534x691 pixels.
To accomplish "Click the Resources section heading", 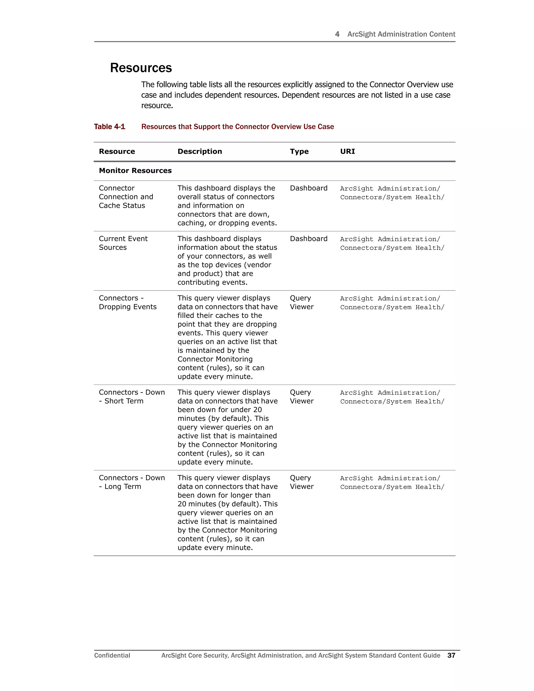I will (141, 68).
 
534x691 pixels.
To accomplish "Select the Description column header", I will (200, 151).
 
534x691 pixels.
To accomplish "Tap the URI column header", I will (347, 151).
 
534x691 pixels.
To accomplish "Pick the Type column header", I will (299, 151).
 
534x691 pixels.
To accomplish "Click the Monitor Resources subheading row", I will (135, 171).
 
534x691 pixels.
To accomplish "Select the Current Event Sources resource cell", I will (123, 243).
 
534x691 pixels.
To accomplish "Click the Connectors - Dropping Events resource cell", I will (128, 302).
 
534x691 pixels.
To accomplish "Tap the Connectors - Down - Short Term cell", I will (132, 396).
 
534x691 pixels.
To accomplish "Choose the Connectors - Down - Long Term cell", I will (132, 482).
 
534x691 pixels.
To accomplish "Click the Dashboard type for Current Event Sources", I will (308, 239).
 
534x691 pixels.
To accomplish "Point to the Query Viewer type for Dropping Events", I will (301, 302).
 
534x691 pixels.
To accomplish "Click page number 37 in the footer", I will (451, 655).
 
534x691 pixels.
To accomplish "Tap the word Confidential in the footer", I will (112, 655).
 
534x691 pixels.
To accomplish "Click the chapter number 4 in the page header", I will (337, 34).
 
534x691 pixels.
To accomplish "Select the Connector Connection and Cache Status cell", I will (126, 197).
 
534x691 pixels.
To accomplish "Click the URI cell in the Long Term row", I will (392, 482).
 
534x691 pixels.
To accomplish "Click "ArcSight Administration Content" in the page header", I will (401, 34).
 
